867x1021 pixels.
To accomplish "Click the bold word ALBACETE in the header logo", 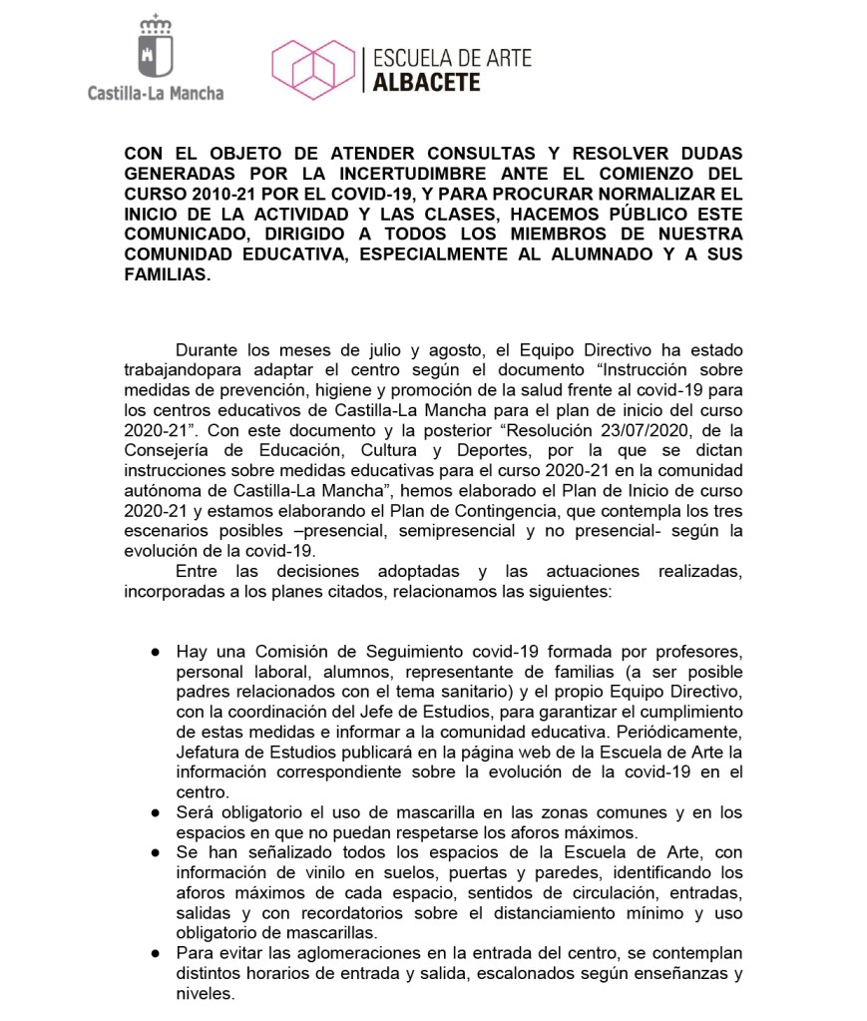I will tap(426, 82).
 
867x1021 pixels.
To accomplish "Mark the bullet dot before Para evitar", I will tap(156, 953).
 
